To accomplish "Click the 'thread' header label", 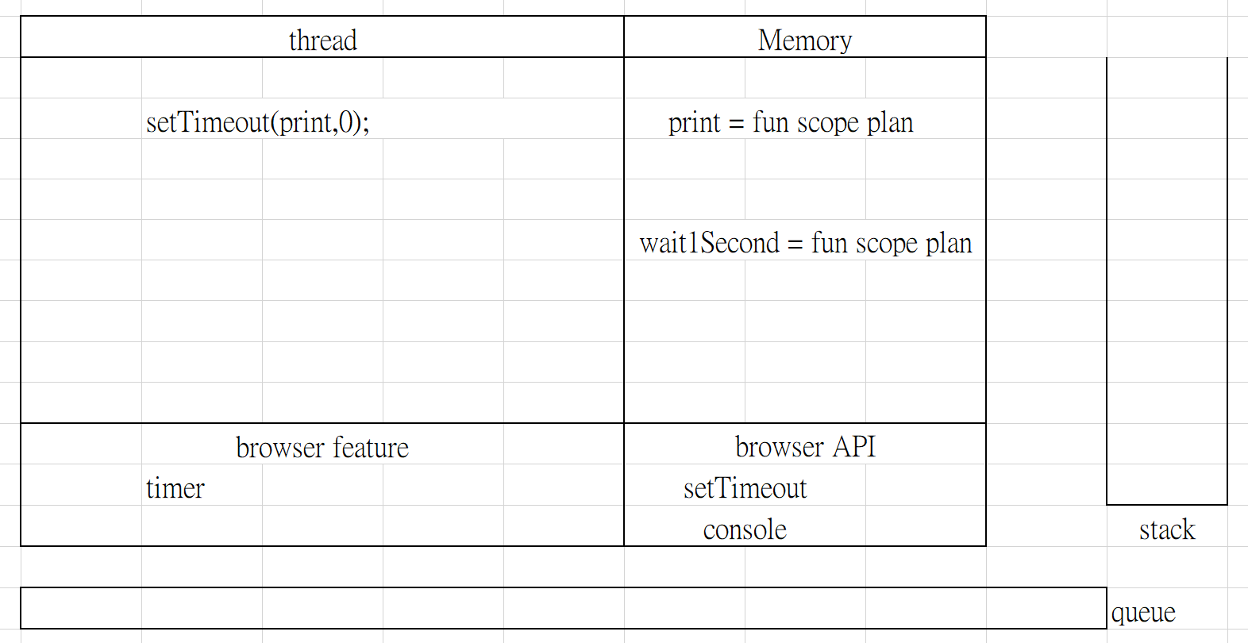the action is tap(322, 40).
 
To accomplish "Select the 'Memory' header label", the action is tap(804, 40).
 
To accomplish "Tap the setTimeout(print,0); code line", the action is tap(257, 122).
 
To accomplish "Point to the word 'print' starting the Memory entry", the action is tap(694, 123).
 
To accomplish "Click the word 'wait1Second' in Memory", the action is tap(709, 243).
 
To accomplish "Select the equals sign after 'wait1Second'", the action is tap(795, 244).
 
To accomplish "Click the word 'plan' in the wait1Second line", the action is tap(949, 244).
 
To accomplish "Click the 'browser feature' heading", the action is tap(322, 448).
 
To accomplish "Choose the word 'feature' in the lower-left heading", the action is tap(371, 448).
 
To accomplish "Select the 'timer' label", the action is tap(175, 489).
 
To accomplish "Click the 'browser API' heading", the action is tap(805, 447).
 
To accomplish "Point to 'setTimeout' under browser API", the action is tap(745, 489).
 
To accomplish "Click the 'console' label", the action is tap(745, 530).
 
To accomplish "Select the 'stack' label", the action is tap(1167, 529).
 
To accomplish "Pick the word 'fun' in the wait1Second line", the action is tap(829, 243).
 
